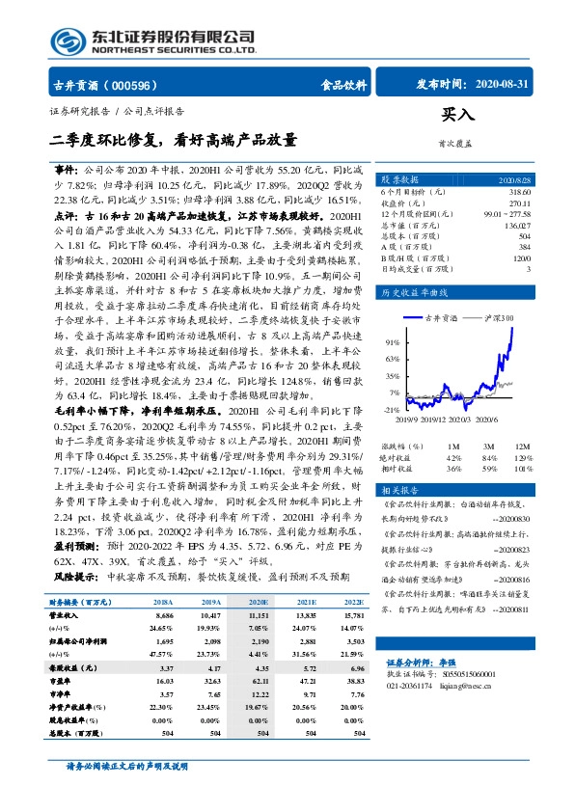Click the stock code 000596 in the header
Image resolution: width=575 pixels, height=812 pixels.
[x=144, y=85]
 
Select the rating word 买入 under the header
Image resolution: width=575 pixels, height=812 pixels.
[x=458, y=115]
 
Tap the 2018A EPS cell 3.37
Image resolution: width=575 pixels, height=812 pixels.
[x=165, y=667]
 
